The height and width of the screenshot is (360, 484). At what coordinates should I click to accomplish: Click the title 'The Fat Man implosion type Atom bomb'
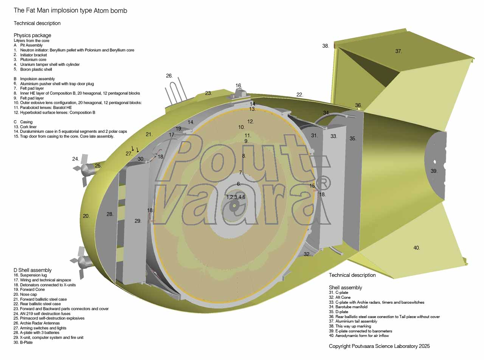70,11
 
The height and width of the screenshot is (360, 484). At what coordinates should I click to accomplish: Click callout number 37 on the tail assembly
399,51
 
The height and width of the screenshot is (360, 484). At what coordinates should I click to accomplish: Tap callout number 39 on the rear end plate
434,171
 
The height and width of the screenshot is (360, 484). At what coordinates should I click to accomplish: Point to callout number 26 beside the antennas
169,76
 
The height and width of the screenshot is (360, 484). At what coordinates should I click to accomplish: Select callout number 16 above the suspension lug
239,85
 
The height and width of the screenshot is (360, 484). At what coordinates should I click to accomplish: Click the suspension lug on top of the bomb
241,95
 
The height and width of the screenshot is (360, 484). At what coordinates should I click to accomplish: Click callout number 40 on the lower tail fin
417,248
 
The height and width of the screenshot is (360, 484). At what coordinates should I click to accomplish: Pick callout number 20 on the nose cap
86,216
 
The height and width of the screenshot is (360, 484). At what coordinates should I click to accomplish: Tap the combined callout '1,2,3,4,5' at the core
236,197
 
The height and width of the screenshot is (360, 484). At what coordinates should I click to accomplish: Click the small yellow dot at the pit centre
234,206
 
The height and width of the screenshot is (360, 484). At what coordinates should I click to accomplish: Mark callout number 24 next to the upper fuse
76,159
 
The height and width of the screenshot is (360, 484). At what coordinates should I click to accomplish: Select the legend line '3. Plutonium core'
30,60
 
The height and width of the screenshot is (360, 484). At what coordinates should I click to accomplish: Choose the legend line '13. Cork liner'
25,127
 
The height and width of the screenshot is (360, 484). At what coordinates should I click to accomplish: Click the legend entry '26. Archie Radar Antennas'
36,323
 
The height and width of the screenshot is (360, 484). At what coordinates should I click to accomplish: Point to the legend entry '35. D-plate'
338,312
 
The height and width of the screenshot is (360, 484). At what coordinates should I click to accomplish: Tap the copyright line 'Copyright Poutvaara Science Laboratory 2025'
379,346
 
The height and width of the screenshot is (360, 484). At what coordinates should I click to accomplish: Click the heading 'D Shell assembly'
33,270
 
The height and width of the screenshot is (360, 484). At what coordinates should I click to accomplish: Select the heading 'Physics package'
32,36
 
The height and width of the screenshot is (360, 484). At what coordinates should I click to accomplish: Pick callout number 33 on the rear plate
334,137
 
